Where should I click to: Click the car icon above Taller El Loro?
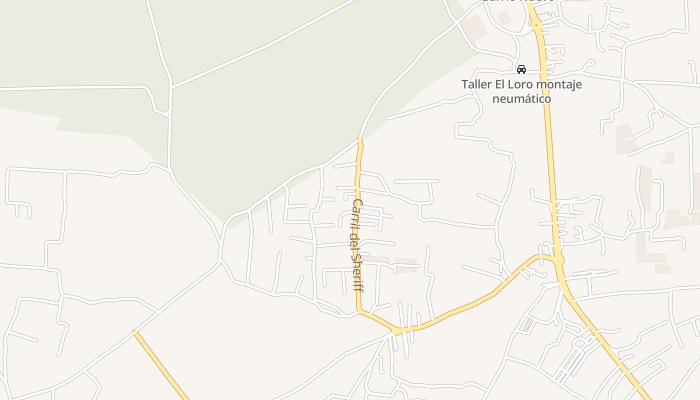pos(521,69)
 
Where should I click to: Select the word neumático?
pos(521,98)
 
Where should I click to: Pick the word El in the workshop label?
pos(502,84)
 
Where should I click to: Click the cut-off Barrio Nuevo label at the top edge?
pos(518,1)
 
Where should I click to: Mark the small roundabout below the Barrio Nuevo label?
pos(536,24)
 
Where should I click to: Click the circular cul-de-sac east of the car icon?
pos(591,63)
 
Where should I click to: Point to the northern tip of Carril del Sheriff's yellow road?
pos(360,139)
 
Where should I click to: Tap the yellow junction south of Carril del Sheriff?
pos(396,331)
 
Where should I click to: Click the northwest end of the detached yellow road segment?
pos(134,331)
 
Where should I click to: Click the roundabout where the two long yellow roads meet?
pos(559,260)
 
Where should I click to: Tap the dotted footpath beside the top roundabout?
pos(544,15)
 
